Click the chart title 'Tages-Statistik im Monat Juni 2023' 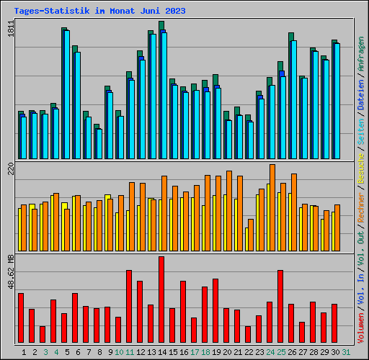coord(99,11)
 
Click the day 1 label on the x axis coord(24,352)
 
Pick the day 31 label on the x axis coord(346,352)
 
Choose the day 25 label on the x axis coord(281,352)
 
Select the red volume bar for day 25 coord(280,307)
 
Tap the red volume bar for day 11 coord(129,307)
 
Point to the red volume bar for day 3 coord(43,335)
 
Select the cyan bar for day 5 coord(67,94)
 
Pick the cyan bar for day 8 coord(99,144)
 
